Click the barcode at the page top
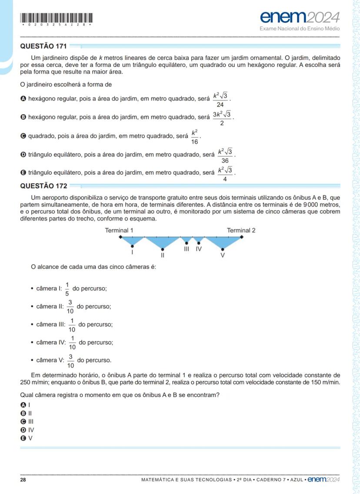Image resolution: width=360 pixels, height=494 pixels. coord(57,18)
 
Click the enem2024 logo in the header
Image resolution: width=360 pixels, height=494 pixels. coord(300,17)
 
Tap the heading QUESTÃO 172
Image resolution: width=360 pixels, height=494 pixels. coord(43,186)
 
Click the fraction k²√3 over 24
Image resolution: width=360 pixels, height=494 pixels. coord(220,99)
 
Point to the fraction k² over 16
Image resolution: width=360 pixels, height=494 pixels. coord(195,136)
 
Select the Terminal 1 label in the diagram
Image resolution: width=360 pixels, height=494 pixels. coord(119,230)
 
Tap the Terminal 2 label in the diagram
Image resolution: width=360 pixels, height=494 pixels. coord(241,230)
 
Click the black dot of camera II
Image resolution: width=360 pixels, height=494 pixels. coord(162,249)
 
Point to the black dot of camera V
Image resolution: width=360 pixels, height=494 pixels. coord(223,249)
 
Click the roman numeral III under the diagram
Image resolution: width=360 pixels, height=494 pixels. coord(187,249)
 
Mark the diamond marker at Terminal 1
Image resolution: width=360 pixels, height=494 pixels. coord(120,237)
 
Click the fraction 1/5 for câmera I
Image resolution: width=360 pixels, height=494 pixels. coord(67,288)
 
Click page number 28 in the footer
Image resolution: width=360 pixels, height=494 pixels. coord(23,480)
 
